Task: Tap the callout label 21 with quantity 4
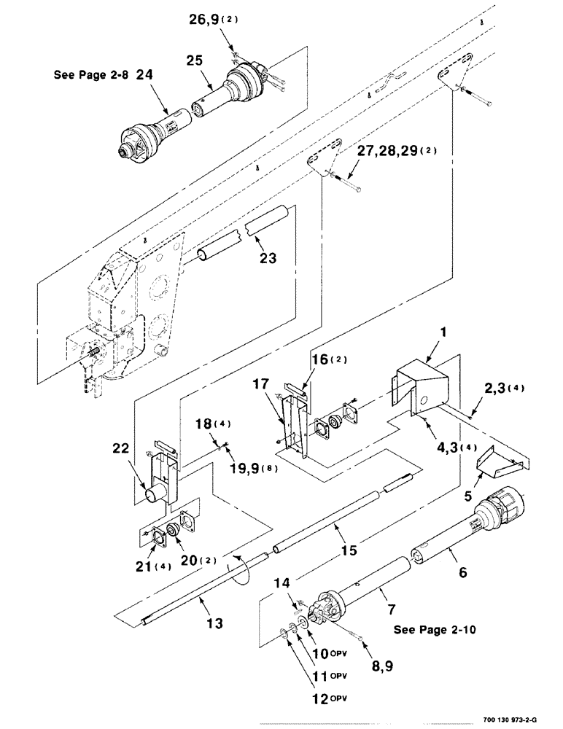(156, 566)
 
